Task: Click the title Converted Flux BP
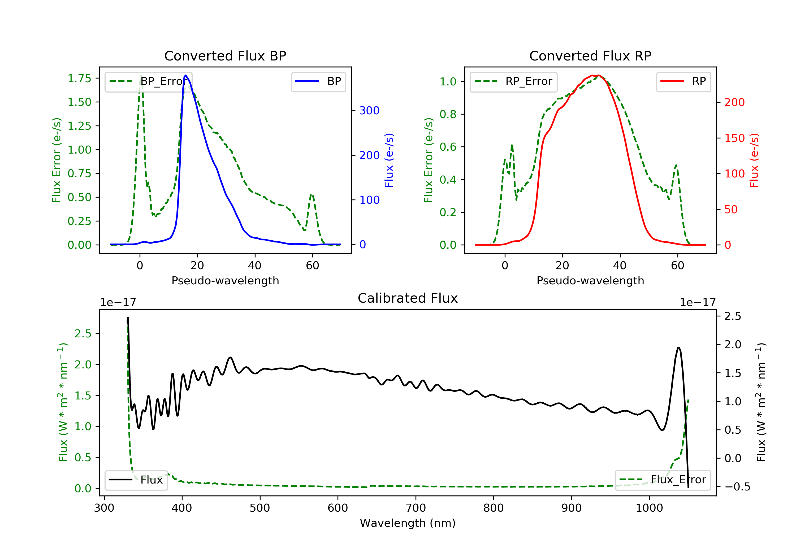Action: click(x=225, y=56)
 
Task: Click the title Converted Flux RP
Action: click(x=590, y=56)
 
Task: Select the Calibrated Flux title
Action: click(x=408, y=298)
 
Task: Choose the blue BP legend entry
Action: click(x=318, y=81)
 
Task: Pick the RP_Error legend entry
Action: click(x=513, y=81)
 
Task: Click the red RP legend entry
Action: click(x=683, y=81)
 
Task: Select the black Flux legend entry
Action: click(x=136, y=480)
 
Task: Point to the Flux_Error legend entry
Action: click(x=663, y=480)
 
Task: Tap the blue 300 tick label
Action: click(x=370, y=111)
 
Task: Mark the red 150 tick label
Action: click(x=735, y=138)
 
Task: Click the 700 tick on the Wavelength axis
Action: click(x=416, y=508)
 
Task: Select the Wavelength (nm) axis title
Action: click(x=408, y=523)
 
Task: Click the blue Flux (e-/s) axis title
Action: click(x=389, y=160)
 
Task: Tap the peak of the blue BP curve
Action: click(x=186, y=75)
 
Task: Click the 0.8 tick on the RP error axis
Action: click(x=448, y=114)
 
